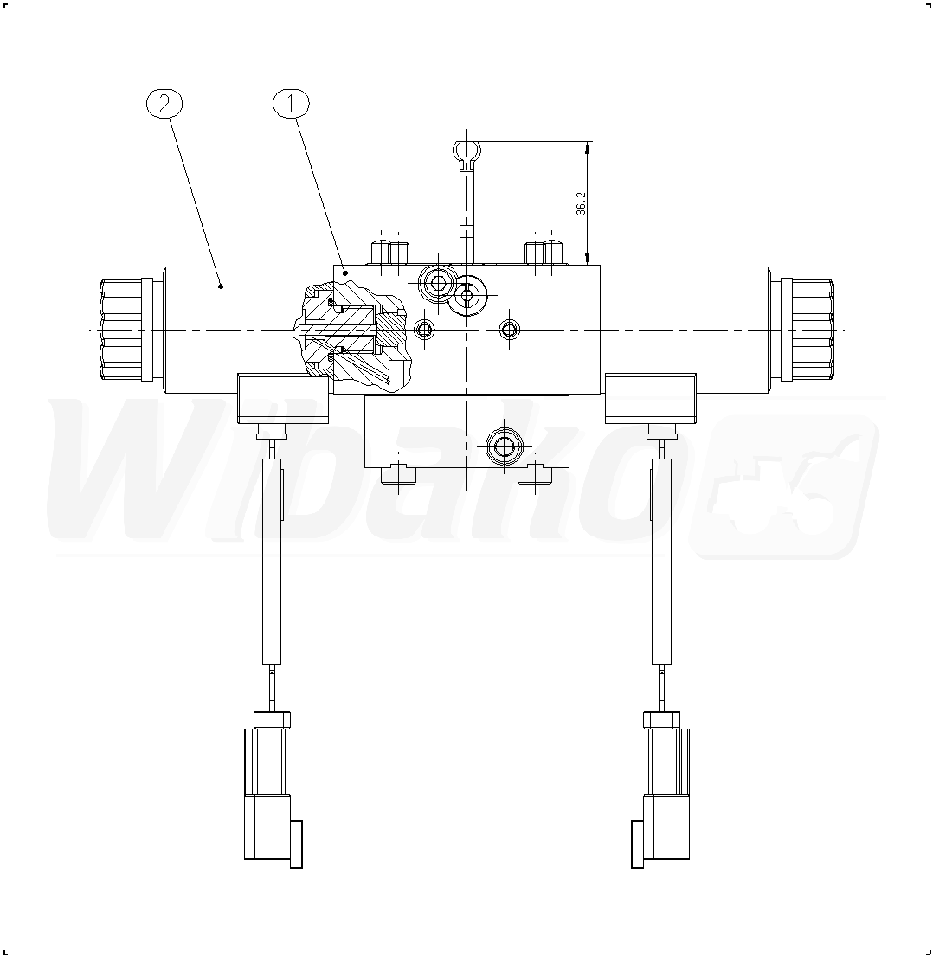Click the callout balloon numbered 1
point(291,104)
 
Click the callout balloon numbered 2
point(164,104)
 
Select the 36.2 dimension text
point(581,203)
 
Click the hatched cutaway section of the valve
point(353,337)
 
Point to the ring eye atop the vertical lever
point(467,151)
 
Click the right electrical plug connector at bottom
point(661,789)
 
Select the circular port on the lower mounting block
point(504,447)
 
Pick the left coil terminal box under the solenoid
point(283,399)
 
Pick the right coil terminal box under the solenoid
point(650,399)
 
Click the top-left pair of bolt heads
point(390,253)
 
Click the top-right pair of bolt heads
point(544,253)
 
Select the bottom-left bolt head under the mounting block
point(398,475)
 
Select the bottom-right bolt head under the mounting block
point(535,475)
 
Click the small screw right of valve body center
point(510,331)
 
